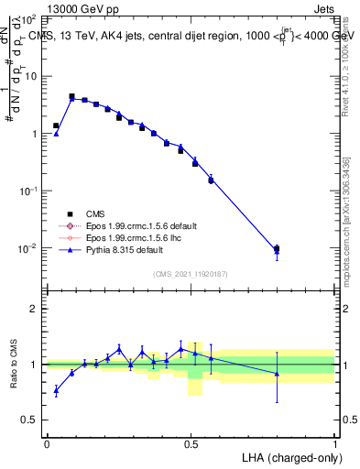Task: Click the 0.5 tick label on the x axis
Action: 191,442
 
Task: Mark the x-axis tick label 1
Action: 335,442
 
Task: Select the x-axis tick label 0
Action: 47,442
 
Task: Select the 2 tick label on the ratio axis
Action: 33,309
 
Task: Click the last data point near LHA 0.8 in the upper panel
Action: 277,248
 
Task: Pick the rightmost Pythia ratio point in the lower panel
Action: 277,373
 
